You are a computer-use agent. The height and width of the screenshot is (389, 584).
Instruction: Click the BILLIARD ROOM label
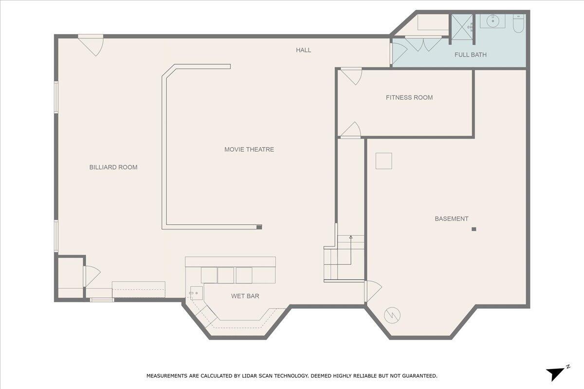[113, 167]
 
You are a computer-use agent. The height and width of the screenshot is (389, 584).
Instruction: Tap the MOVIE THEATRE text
[249, 149]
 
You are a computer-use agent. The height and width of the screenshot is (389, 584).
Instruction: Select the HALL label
[304, 50]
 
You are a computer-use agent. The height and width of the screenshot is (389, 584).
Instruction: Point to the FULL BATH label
[470, 55]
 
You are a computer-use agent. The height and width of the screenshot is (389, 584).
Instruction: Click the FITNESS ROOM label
[409, 98]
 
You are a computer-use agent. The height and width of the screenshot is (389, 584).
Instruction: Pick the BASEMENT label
[452, 219]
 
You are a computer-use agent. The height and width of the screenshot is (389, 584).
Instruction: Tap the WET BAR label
[245, 296]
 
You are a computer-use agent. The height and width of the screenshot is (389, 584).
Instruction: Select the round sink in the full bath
[493, 21]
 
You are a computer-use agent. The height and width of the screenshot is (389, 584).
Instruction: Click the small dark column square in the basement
[474, 229]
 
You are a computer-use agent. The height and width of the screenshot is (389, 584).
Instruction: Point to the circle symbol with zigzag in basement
[392, 315]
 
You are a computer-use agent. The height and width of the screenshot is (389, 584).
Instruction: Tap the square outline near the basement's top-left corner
[383, 161]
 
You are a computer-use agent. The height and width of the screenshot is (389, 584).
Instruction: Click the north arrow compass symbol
[556, 373]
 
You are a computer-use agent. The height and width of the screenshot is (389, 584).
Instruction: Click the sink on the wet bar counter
[196, 293]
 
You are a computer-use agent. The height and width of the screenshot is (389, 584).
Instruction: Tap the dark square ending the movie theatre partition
[259, 227]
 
